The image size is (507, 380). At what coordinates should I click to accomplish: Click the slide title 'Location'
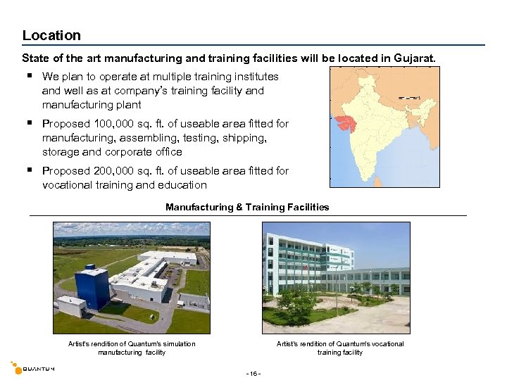pos(51,35)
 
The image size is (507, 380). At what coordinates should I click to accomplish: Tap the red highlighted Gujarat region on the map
pos(346,120)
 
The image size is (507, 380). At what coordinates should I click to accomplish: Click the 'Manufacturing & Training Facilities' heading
pos(247,207)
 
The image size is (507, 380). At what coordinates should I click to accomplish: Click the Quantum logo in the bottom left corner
pos(32,368)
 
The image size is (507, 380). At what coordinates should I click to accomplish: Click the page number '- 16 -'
pos(253,372)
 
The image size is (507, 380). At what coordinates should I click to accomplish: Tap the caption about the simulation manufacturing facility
pos(132,348)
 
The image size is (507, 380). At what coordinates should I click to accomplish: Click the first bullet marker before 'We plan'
pos(30,76)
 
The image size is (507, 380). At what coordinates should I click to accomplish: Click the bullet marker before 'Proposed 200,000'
pos(30,170)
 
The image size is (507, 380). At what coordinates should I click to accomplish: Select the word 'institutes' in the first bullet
pos(254,77)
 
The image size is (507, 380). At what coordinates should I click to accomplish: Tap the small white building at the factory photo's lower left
pos(72,305)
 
